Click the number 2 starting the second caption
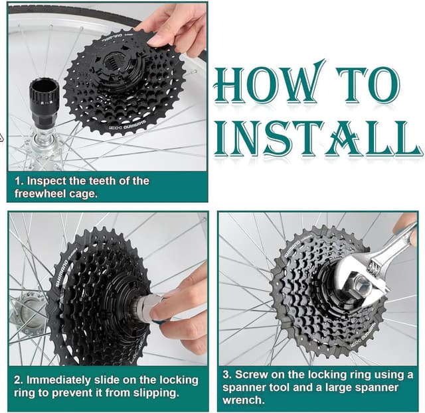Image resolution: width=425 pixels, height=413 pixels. (18, 380)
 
